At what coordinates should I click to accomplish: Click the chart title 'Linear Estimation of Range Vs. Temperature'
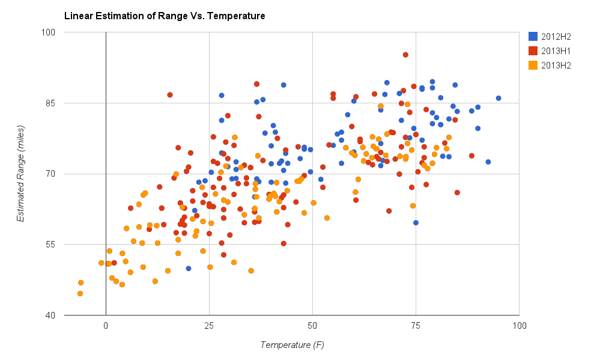165,16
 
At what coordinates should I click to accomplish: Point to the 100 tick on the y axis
48,32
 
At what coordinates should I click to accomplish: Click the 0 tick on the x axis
106,326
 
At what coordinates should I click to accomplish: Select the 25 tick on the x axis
209,326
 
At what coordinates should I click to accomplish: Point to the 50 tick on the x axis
312,326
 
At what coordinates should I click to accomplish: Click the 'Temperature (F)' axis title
292,345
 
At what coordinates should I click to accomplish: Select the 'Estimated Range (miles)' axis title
21,174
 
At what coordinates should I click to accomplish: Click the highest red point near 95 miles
405,55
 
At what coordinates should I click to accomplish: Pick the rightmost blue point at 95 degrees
499,98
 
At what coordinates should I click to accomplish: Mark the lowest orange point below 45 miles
80,293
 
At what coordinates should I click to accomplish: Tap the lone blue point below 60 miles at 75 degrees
416,222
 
